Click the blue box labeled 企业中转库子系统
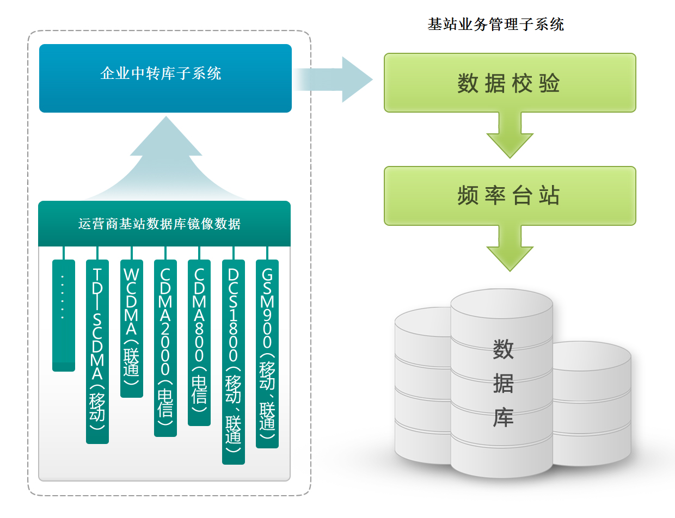(165, 78)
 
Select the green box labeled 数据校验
(510, 83)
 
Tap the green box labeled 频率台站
(510, 196)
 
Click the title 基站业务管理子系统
(495, 24)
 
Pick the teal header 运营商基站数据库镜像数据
(164, 224)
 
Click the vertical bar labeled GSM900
(267, 354)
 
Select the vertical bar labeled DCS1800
(234, 362)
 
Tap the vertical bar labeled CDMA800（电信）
(199, 343)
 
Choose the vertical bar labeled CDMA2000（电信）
(165, 348)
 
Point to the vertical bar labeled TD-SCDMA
(97, 351)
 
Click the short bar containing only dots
(64, 316)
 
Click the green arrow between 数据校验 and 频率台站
(510, 136)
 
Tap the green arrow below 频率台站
(510, 249)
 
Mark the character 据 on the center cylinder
(503, 384)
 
